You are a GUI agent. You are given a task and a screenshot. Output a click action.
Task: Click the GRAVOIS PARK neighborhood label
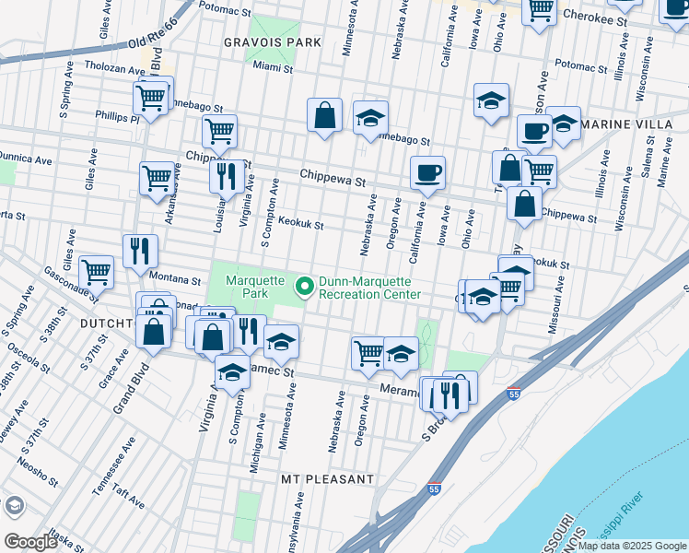point(271,42)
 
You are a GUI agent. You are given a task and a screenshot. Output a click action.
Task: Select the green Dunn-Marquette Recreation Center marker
point(303,288)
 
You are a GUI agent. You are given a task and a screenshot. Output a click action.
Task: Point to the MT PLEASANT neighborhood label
point(328,479)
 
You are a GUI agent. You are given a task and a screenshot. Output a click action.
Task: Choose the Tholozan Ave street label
point(115,68)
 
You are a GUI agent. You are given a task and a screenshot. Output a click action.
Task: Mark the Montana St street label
point(176,279)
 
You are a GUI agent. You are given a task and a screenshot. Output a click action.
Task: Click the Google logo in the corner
point(30,542)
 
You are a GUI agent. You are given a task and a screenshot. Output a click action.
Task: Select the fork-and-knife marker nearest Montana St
point(140,249)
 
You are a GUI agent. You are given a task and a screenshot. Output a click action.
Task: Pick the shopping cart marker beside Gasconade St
point(96,272)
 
